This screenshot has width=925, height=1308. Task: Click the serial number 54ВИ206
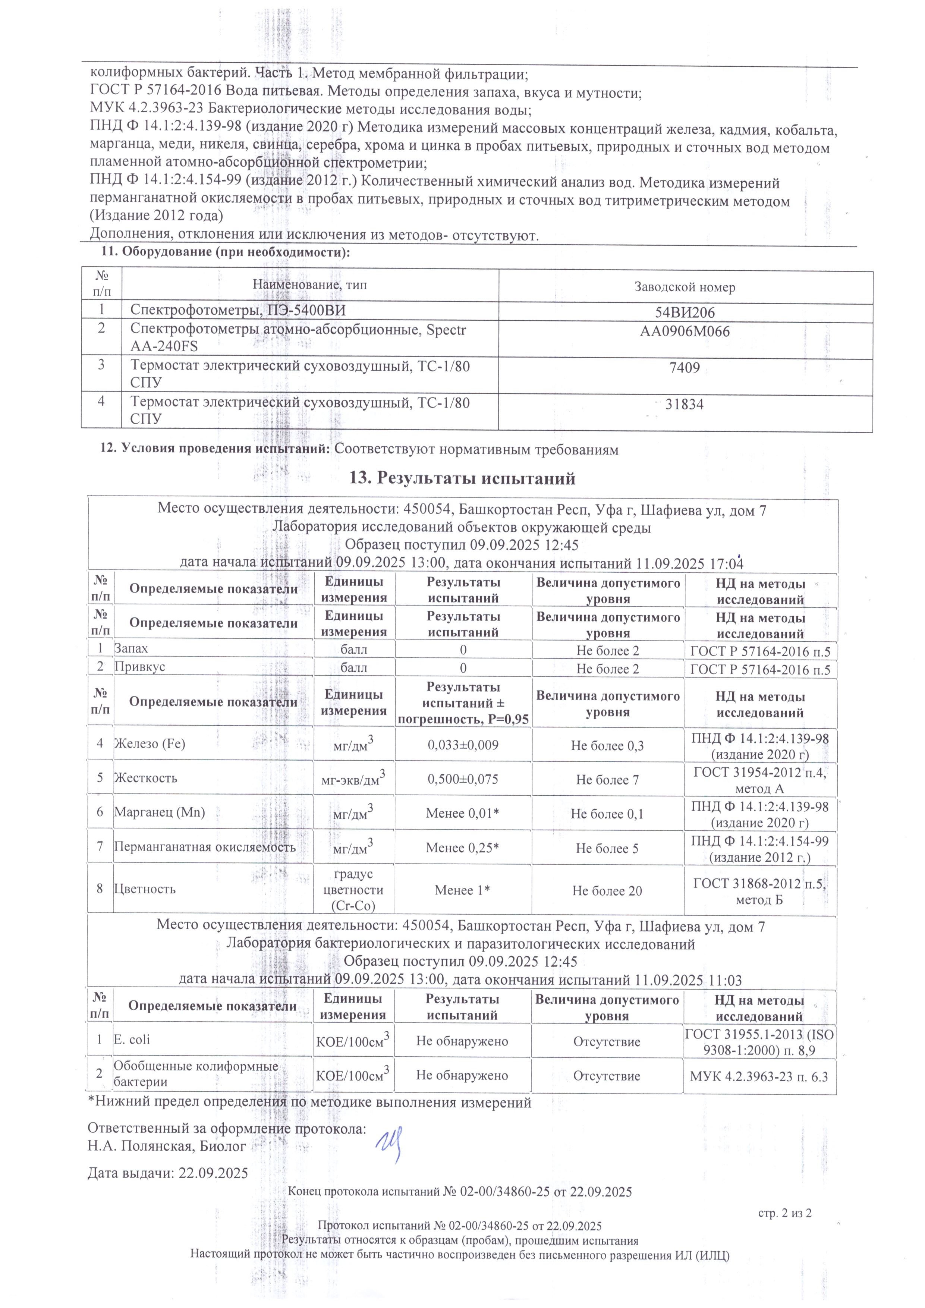(x=685, y=312)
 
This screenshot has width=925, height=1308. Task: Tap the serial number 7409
(x=685, y=369)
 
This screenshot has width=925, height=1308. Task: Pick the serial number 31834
(x=685, y=405)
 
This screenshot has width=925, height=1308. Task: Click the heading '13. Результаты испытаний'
(x=462, y=478)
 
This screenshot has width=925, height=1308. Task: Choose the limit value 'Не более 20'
(x=607, y=890)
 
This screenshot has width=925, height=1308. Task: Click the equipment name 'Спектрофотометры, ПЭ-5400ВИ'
(x=238, y=311)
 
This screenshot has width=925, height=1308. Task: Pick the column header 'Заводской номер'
(x=685, y=287)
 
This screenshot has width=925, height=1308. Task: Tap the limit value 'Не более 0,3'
(x=607, y=745)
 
